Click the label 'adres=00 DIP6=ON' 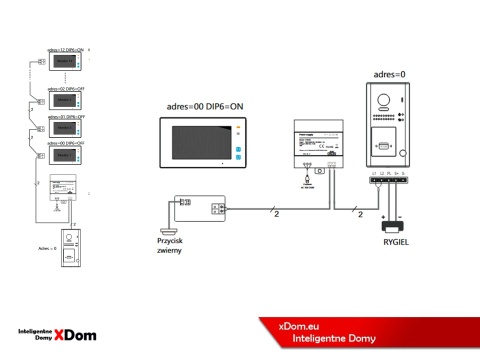199,107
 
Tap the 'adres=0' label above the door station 390,74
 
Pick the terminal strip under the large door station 388,179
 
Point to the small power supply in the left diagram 65,191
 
